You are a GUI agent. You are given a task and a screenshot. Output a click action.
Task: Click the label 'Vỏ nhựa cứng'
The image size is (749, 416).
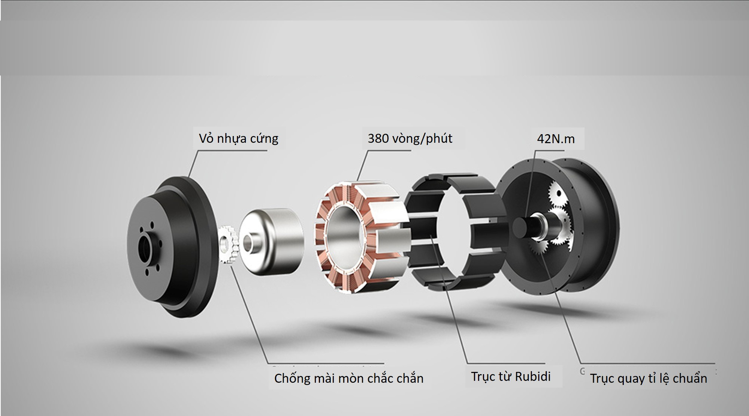238,139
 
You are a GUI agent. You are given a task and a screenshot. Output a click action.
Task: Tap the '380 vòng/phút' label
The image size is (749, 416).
410,139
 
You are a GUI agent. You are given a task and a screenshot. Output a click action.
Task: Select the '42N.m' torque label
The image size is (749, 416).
556,139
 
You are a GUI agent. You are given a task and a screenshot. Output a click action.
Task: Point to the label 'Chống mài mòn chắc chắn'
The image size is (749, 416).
349,378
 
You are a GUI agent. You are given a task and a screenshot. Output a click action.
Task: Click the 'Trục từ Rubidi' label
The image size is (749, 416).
511,376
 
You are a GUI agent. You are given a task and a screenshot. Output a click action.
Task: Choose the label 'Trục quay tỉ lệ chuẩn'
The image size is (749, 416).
648,378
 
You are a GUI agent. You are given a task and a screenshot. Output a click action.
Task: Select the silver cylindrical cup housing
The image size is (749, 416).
271,241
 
